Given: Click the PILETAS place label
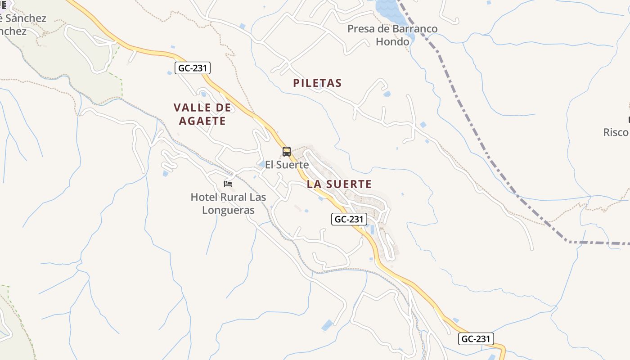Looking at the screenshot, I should pos(317,83).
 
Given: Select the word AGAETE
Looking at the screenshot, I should pos(202,121).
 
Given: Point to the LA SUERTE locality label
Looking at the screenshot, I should pos(339,184).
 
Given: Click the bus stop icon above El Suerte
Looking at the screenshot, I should pos(287,152).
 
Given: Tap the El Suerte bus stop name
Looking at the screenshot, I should pos(287,165).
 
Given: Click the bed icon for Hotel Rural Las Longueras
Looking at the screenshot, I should pos(228,184).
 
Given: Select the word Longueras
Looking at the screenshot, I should pos(229,210).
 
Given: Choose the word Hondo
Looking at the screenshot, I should pos(392,42).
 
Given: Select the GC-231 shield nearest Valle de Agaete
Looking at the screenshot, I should pos(193,68).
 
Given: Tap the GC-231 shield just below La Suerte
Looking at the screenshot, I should pos(350,219).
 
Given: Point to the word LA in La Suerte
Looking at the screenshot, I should pos(314,184).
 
